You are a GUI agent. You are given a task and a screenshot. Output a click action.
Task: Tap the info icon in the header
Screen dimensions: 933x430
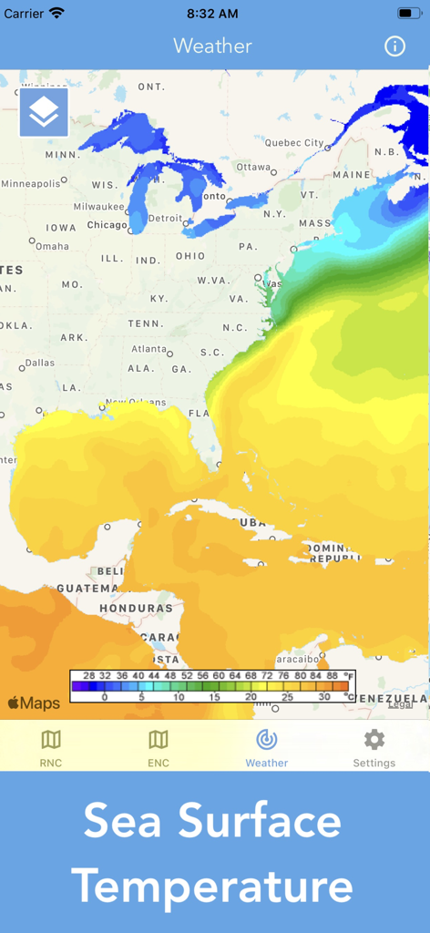pos(394,46)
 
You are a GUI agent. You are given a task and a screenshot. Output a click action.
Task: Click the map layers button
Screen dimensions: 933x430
pos(44,112)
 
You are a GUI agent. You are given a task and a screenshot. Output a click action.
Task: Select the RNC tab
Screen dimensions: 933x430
pos(51,748)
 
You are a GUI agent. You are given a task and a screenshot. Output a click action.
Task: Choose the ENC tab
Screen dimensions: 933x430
pos(159,748)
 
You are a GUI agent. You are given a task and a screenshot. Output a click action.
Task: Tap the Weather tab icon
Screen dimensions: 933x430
pos(267,740)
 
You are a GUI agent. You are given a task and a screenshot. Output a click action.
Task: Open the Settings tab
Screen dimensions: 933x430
pos(374,748)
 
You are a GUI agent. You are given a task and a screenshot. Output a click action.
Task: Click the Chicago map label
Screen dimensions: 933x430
pos(107,225)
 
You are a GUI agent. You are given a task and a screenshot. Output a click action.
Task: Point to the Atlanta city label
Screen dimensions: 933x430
pos(148,349)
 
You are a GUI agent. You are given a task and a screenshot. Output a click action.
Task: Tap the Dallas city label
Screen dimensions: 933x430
pos(39,363)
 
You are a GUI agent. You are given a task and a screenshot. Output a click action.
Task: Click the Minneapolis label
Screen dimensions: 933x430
pos(31,184)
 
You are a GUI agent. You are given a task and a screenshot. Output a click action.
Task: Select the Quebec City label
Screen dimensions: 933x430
pos(294,143)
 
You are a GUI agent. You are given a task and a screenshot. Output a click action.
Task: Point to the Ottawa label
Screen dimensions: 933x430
pos(253,167)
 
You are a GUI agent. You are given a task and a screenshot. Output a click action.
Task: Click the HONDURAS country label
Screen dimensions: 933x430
pos(136,608)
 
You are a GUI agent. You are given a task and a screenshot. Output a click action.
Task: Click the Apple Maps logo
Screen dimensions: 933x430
pos(34,702)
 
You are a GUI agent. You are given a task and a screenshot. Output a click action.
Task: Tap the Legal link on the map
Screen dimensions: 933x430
pos(400,704)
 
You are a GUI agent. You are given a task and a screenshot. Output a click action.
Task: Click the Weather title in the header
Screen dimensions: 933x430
pos(212,46)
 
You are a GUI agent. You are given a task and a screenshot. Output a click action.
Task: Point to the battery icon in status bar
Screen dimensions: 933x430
pos(408,14)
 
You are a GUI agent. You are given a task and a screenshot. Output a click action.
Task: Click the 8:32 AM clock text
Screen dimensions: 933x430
pos(212,14)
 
